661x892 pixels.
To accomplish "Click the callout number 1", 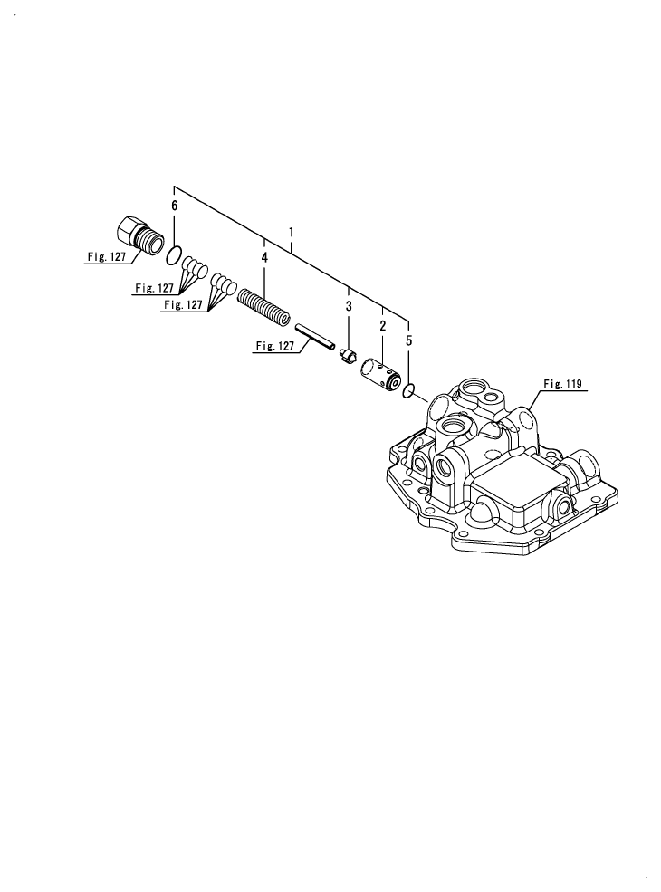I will (x=292, y=232).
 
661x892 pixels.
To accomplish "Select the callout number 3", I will (x=348, y=308).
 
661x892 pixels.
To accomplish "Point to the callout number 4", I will (x=264, y=259).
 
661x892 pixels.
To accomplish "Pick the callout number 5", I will (x=408, y=341).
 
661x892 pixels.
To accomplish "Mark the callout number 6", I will (x=175, y=206).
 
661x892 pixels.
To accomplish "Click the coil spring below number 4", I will (x=264, y=306).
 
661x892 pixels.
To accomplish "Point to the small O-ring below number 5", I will (x=409, y=390).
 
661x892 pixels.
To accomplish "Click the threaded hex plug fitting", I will (x=138, y=235).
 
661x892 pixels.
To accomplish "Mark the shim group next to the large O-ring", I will (x=196, y=269).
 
